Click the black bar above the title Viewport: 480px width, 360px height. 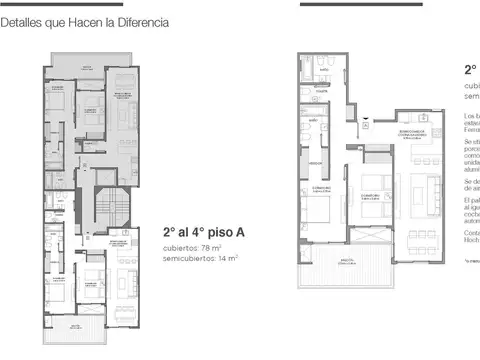click(60, 5)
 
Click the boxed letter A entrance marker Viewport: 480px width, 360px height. click(366, 119)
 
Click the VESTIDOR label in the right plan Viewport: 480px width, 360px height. click(313, 161)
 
